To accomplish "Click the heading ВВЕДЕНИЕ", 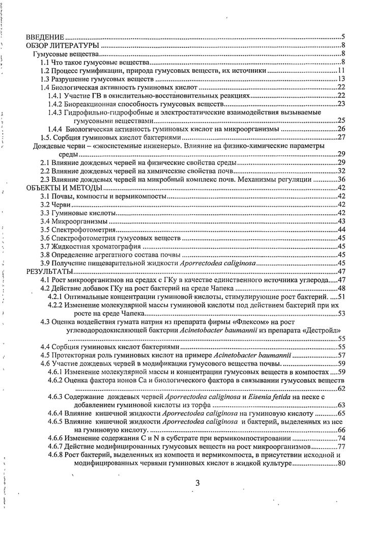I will pyautogui.click(x=45, y=37).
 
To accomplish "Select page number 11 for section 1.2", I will pyautogui.click(x=341, y=69).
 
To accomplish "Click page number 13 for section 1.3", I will pyautogui.click(x=341, y=78).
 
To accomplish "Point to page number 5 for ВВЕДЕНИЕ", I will pyautogui.click(x=343, y=37).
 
